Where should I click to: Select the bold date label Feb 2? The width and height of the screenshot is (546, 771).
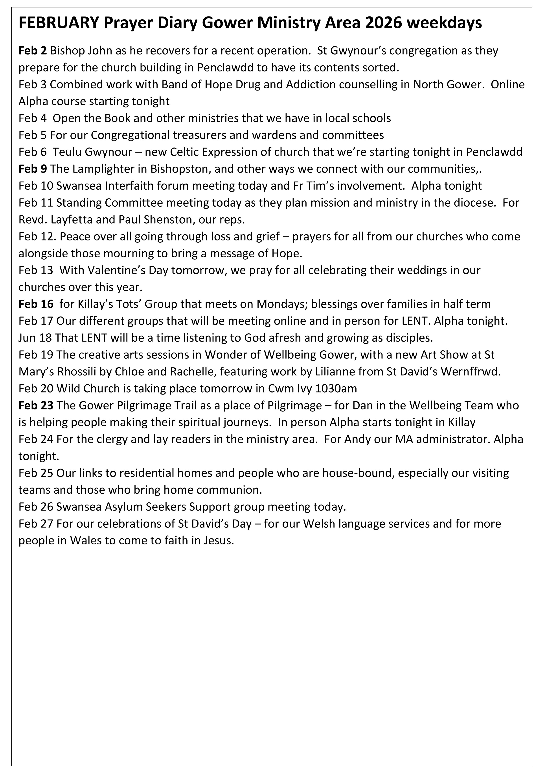tap(33, 51)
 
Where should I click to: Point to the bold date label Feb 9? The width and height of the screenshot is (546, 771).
tap(33, 169)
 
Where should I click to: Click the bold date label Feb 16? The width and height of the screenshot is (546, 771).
tap(36, 304)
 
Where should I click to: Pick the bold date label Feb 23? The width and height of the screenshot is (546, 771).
tap(36, 406)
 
